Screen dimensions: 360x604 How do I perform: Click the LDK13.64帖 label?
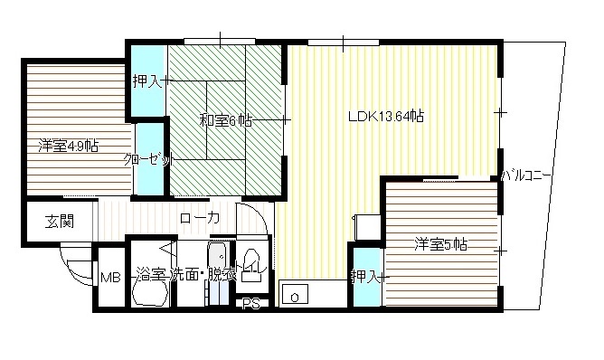[387, 116]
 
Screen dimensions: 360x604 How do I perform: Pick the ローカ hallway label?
[199, 218]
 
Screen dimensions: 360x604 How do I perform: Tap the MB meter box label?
[109, 278]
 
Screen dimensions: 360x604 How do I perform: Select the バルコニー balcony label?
[530, 174]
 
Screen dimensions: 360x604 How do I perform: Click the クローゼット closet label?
[146, 159]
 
